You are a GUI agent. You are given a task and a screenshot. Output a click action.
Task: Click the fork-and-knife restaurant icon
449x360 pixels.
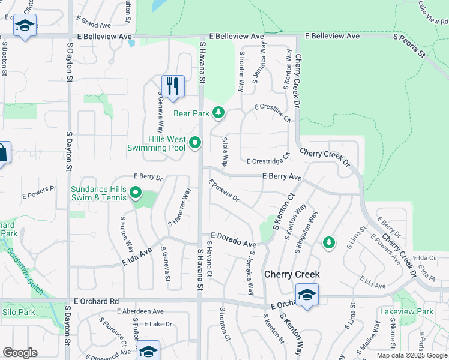click(173, 86)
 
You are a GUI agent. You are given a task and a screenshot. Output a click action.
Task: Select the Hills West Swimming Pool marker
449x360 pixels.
click(194, 143)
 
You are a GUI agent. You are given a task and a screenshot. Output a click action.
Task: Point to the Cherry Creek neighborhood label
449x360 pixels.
click(292, 274)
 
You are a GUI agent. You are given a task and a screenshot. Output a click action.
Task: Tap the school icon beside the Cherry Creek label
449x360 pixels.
click(306, 295)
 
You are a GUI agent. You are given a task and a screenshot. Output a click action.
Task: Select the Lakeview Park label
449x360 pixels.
click(406, 312)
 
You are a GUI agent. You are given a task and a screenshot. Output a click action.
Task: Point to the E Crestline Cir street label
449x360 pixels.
click(272, 112)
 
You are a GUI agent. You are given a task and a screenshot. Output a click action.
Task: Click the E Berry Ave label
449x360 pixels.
click(282, 176)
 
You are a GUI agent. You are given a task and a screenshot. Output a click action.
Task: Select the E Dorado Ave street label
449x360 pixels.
click(233, 241)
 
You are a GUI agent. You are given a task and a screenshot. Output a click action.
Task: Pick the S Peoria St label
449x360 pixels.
click(409, 46)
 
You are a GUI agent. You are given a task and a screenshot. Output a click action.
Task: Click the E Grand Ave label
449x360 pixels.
click(94, 25)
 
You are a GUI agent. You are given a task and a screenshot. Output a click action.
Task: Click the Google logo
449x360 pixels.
click(20, 353)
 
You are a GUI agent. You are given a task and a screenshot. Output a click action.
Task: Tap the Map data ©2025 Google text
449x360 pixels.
click(412, 355)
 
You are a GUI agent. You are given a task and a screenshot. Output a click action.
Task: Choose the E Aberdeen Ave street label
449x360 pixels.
click(140, 311)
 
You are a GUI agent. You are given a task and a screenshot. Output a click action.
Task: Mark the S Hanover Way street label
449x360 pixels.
click(179, 206)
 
